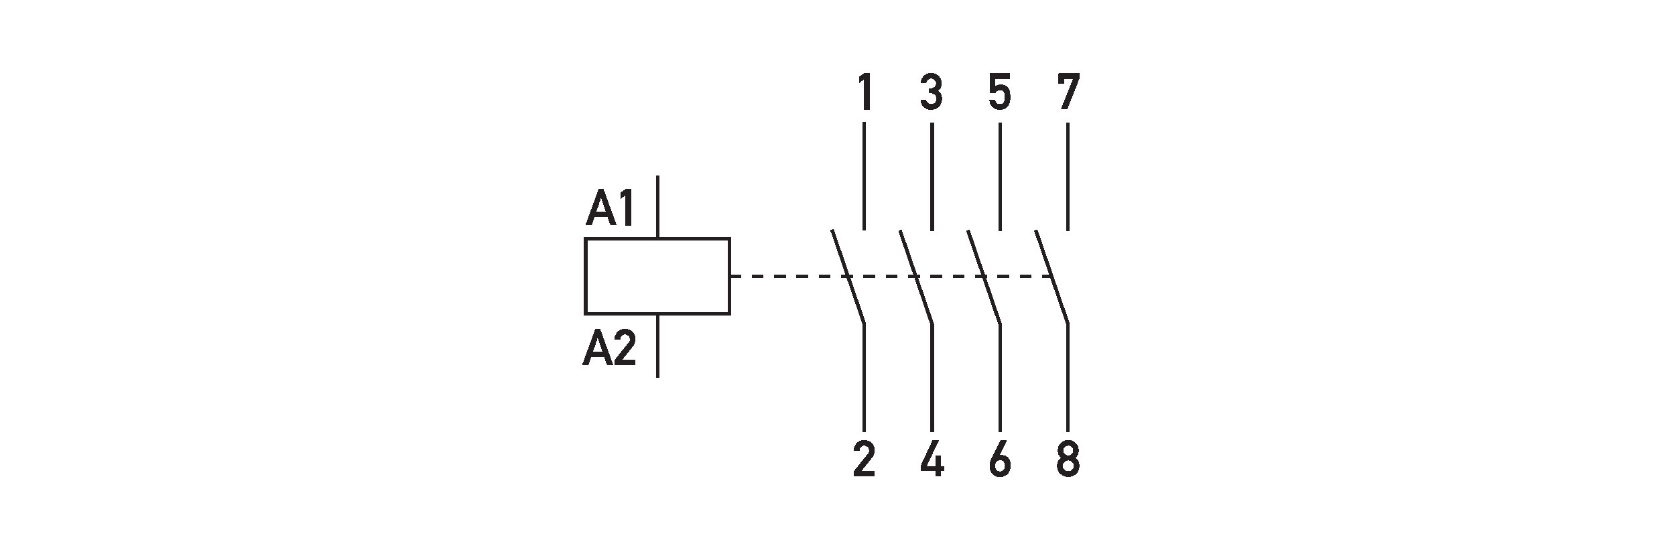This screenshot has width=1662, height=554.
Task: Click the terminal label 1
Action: click(x=865, y=93)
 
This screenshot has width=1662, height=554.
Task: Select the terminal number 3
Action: click(x=932, y=93)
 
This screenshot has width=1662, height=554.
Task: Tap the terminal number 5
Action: click(x=1000, y=93)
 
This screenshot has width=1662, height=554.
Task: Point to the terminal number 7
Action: click(x=1068, y=93)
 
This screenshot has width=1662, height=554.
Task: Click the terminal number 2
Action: click(x=864, y=460)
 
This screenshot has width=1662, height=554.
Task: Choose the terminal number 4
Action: click(x=932, y=460)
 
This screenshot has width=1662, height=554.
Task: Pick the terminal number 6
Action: click(x=999, y=460)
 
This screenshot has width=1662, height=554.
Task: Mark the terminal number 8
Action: click(x=1068, y=460)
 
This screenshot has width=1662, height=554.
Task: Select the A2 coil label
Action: click(x=609, y=350)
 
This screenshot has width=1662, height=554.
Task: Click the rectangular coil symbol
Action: click(x=657, y=276)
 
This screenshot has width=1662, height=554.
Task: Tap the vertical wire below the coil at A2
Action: click(x=657, y=346)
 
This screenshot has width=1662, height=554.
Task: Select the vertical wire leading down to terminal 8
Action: click(x=1068, y=378)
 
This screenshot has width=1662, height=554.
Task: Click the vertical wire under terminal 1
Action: click(x=864, y=176)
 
